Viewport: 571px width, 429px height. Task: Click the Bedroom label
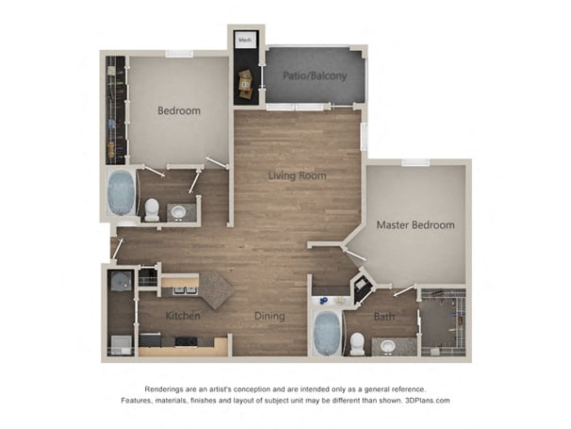tap(178, 111)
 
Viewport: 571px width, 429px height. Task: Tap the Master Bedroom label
tap(415, 225)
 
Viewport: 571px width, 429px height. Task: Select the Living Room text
tap(297, 176)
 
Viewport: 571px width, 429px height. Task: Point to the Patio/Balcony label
tap(314, 76)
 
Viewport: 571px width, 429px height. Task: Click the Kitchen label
tap(183, 316)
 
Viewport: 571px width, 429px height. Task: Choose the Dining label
tap(270, 316)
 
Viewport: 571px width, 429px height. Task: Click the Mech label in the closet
tap(244, 40)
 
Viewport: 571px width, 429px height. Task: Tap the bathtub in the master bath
tap(327, 334)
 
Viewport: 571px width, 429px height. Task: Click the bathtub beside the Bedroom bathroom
tap(121, 193)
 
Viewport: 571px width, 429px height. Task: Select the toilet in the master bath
tap(358, 344)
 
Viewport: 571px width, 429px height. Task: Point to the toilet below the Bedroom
tap(152, 210)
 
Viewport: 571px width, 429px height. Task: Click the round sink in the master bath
tap(388, 346)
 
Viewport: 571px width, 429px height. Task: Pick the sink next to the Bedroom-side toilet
tap(178, 212)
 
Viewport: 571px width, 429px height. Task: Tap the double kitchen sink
tap(185, 290)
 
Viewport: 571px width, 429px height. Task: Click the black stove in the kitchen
tap(186, 341)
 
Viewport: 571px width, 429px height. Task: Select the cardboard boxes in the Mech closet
tap(245, 83)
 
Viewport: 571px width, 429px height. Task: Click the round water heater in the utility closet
tap(121, 281)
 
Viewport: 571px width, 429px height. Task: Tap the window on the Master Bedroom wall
tap(415, 163)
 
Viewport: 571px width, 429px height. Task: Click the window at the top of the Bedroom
tap(179, 54)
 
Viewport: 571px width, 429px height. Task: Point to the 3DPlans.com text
tap(428, 401)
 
